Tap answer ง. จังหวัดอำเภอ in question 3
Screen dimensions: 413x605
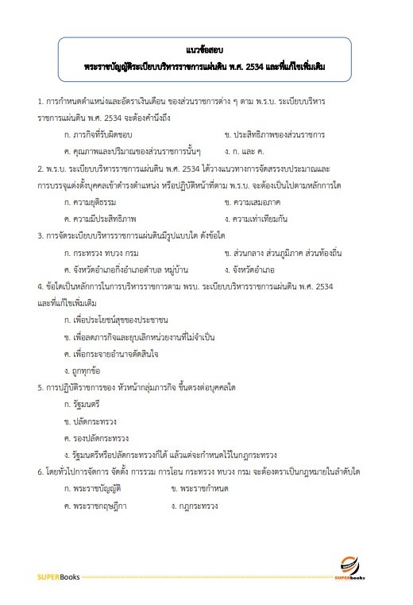pos(249,269)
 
